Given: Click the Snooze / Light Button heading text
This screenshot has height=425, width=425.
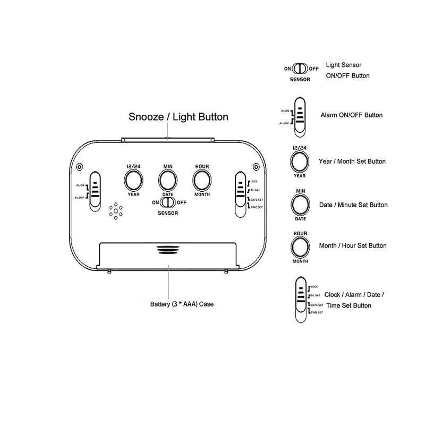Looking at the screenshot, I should coord(179,117).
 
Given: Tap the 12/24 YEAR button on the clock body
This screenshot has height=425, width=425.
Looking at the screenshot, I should coord(133,181).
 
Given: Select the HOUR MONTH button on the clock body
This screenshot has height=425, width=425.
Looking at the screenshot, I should coord(201,181).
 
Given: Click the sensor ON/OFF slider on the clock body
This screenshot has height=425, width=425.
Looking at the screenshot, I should coord(168,202).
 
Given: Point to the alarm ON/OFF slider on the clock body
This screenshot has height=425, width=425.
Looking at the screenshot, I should coord(96,191).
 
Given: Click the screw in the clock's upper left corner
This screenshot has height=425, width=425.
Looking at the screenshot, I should coord(80,166).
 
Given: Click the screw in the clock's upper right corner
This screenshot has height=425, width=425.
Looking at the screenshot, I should coord(257,166).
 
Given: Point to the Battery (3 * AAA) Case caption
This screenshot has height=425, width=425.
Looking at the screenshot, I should coord(182,305).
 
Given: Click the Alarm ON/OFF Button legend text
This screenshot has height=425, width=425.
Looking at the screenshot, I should coord(351,115).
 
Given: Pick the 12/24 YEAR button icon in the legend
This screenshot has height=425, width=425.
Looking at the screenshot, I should coord(299,161).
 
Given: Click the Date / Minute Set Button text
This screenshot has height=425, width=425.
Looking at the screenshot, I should coord(353,205).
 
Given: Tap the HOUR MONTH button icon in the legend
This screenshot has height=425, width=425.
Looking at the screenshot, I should coord(299,247).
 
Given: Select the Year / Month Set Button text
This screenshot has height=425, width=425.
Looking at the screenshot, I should coord(352,161).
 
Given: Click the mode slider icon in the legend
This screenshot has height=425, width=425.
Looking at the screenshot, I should coord(300,300).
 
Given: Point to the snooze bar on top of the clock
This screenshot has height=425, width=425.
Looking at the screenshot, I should coord(168,140).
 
